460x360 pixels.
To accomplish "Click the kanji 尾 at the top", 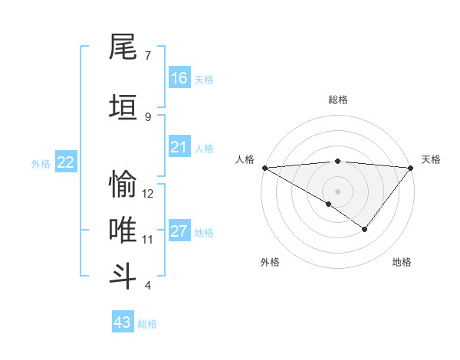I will [123, 47].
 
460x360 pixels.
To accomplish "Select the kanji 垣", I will [123, 106].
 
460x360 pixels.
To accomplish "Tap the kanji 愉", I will [123, 185].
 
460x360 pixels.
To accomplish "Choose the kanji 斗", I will [123, 274].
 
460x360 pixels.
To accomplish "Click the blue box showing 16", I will [179, 78].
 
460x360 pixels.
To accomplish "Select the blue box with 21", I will [179, 147].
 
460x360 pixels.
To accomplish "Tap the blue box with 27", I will [179, 231].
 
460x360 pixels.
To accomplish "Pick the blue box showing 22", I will [66, 162].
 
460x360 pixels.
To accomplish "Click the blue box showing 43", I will [123, 322].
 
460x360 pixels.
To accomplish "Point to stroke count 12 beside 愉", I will [148, 194].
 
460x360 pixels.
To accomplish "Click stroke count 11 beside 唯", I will [148, 240].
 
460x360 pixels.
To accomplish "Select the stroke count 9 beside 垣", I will [148, 116].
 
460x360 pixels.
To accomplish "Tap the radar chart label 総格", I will [338, 100].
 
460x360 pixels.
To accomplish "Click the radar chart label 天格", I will [431, 159].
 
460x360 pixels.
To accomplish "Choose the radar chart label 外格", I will [270, 262].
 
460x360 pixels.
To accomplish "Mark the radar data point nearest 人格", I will [264, 167].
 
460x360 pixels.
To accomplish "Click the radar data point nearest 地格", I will [365, 229].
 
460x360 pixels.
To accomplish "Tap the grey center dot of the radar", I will [337, 190].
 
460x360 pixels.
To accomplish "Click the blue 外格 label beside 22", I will [40, 163].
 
